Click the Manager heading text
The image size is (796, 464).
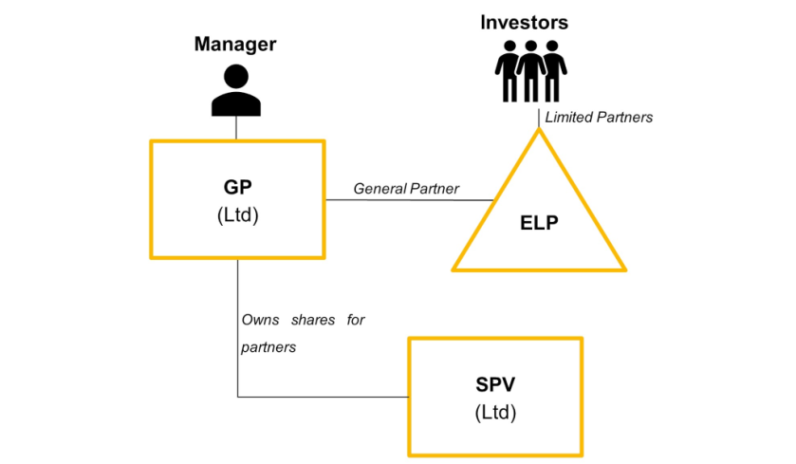click(x=235, y=44)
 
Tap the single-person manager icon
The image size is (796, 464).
click(x=236, y=90)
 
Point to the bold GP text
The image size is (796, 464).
click(x=236, y=187)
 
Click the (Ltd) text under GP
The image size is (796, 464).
click(x=236, y=214)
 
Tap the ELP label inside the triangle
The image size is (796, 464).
click(x=539, y=224)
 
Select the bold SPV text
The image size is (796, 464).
click(x=496, y=385)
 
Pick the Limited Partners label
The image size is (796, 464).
click(x=599, y=117)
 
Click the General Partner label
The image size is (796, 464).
click(x=406, y=189)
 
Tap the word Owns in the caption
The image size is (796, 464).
click(x=260, y=320)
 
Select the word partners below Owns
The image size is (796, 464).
click(x=268, y=347)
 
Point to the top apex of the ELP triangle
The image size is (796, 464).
click(x=539, y=131)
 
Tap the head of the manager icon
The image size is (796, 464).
click(x=236, y=76)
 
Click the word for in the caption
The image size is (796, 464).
click(x=356, y=320)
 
